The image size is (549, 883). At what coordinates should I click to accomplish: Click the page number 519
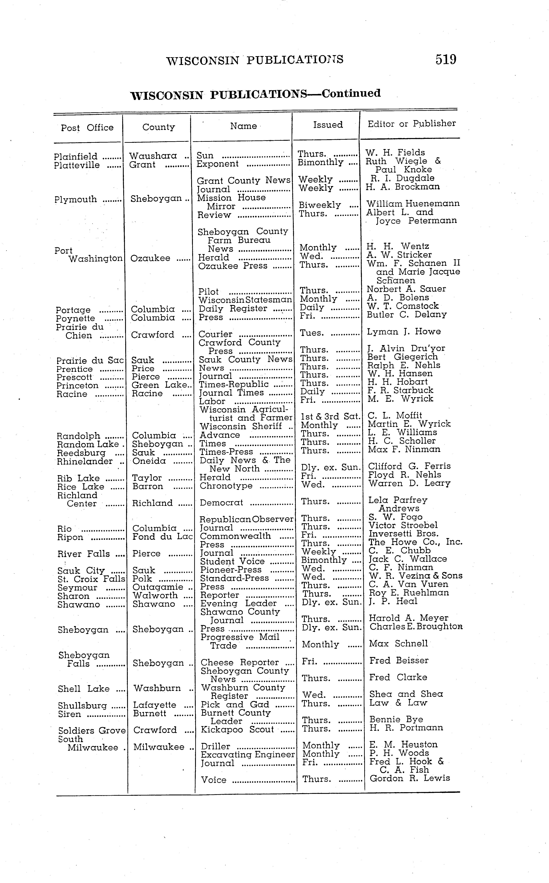coord(446,59)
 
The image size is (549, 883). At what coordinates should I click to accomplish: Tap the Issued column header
coord(328,125)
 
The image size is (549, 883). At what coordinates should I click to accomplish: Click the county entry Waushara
coord(153,156)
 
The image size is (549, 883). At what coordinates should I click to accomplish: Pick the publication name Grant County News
coord(244,181)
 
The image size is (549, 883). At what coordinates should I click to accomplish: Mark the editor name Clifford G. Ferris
coord(409,466)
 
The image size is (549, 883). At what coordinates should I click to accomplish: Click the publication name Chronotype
coord(226,486)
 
